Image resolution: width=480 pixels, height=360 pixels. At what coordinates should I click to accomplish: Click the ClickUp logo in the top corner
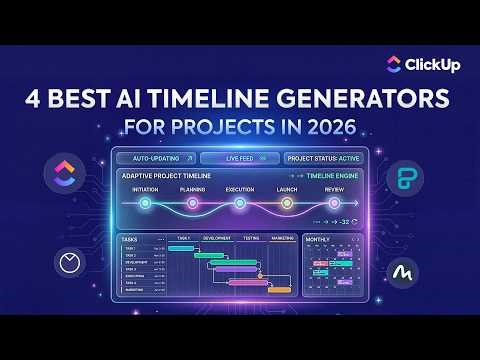click(x=393, y=64)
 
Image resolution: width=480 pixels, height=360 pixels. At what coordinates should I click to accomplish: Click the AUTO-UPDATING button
click(x=153, y=158)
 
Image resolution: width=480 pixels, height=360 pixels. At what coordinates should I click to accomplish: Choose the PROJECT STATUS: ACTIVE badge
click(x=323, y=158)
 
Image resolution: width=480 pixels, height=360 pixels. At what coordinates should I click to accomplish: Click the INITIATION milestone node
click(x=145, y=203)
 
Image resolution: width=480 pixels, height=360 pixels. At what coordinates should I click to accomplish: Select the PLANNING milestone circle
click(x=192, y=203)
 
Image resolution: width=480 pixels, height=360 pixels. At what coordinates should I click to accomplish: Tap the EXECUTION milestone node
click(x=239, y=203)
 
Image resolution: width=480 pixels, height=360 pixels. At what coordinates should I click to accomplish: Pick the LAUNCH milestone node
click(x=286, y=203)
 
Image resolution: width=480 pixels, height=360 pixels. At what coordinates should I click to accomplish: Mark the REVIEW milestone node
click(x=333, y=203)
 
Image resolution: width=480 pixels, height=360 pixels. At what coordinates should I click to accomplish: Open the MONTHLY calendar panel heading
click(x=318, y=240)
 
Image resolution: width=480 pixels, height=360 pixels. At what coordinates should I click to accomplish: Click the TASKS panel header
click(x=129, y=240)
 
